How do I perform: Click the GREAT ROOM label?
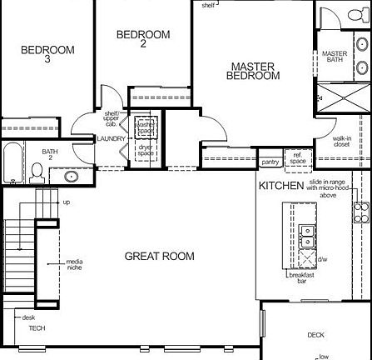159,256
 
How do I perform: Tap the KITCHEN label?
280,185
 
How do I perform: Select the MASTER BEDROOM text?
253,71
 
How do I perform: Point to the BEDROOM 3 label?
47,54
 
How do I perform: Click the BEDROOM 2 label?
143,38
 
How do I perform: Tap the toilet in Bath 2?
37,172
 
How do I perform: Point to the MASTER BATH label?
335,57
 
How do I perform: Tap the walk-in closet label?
342,142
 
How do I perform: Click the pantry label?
270,162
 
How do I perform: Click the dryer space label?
146,151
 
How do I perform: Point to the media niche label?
75,266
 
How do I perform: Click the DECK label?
315,335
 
